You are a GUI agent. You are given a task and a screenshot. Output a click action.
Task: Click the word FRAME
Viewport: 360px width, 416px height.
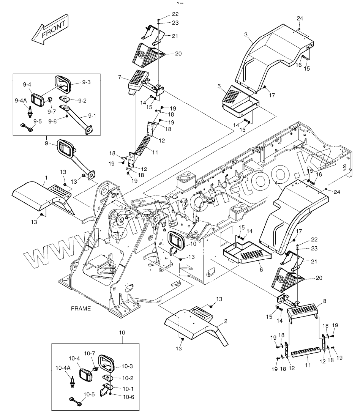81,309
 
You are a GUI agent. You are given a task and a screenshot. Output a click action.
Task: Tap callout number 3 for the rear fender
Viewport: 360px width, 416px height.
246,35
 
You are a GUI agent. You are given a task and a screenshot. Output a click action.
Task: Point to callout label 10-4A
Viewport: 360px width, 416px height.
63,368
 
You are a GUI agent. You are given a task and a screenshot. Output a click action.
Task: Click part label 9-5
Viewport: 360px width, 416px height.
38,121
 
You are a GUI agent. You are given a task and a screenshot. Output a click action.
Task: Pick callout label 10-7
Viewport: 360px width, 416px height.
90,353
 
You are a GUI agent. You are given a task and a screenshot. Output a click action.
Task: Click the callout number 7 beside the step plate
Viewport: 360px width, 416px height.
120,77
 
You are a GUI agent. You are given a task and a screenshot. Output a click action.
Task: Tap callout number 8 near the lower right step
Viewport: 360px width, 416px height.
324,301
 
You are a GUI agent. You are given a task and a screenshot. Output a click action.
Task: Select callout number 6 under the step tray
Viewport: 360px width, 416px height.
261,269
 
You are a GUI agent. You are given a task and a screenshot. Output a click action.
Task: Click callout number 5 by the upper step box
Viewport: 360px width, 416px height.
219,86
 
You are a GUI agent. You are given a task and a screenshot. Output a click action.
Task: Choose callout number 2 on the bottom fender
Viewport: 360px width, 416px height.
226,321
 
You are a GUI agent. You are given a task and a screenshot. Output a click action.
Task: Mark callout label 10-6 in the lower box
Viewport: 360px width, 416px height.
129,397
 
